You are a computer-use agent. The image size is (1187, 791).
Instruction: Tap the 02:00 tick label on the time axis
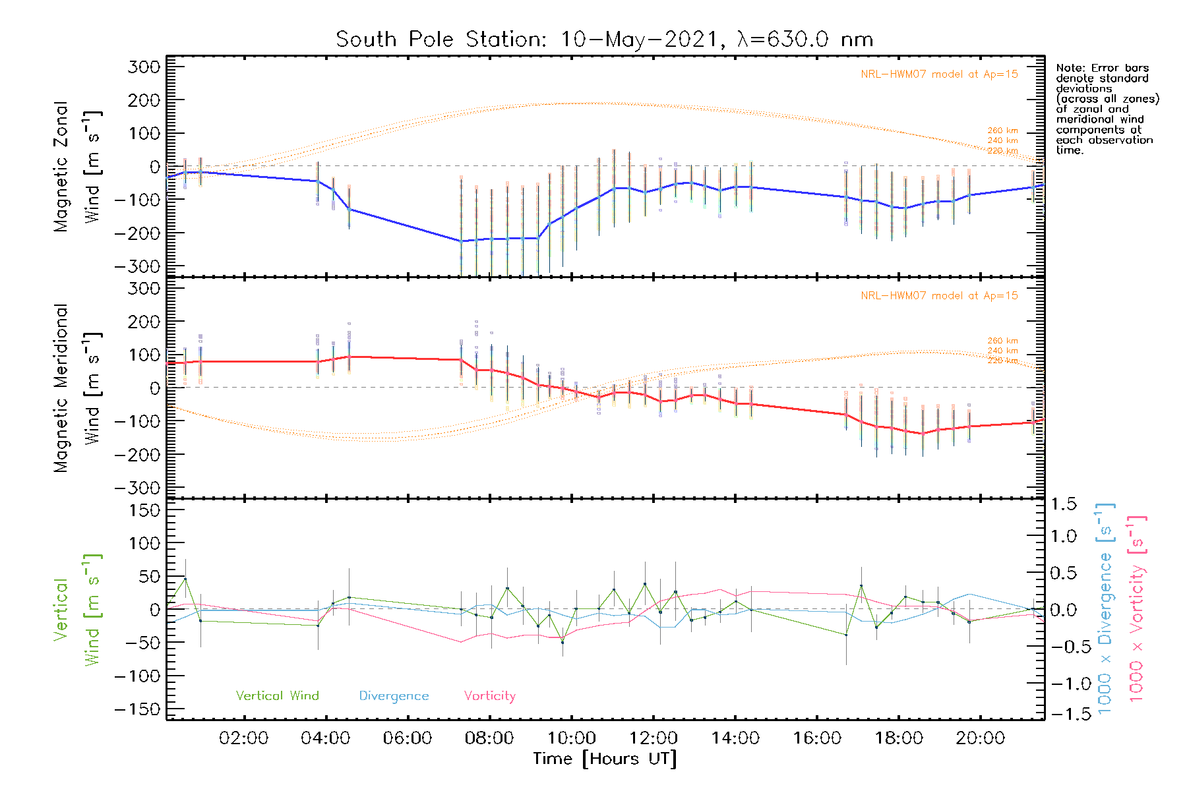coord(243,738)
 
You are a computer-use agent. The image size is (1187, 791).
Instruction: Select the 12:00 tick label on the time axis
coord(653,738)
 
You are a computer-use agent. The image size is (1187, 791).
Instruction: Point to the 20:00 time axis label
coord(980,738)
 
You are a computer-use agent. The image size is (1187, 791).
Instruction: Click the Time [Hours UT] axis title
coord(605,759)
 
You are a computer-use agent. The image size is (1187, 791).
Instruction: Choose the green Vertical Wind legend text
coord(277,695)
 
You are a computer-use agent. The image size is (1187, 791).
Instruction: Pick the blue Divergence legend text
coord(394,696)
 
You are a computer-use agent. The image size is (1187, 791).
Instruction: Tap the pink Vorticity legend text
coord(489,695)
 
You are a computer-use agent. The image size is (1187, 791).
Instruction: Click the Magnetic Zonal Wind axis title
coord(76,166)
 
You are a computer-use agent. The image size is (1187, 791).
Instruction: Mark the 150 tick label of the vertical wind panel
coord(144,510)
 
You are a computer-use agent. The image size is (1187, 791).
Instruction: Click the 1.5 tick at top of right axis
coord(1063,504)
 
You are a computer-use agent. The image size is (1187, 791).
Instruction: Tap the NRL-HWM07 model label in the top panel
coord(939,74)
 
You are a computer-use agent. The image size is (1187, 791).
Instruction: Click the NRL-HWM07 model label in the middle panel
coord(939,296)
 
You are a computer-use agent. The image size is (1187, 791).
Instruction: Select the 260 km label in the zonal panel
coord(1002,131)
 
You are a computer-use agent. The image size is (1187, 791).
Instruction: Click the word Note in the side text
coord(1069,68)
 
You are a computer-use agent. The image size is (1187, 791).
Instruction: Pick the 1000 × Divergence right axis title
coord(1105,609)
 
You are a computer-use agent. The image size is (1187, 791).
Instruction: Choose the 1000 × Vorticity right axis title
coord(1136,609)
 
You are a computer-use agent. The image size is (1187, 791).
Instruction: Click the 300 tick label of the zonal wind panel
coord(144,67)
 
